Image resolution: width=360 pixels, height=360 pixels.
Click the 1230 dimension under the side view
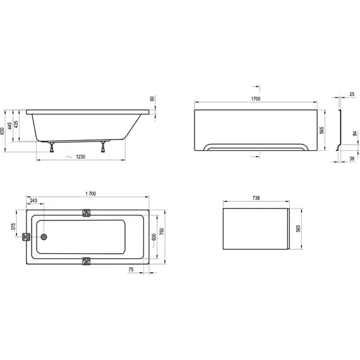point(80,157)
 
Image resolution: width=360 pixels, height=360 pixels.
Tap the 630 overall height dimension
point(2,131)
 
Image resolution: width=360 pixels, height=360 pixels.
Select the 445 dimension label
point(9,126)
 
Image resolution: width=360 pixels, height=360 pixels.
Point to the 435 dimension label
point(16,124)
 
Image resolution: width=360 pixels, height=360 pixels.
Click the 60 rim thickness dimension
point(152,99)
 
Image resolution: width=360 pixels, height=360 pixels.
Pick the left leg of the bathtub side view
point(52,147)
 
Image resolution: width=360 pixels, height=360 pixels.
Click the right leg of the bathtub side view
point(103,147)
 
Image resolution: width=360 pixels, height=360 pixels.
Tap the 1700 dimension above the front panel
point(256,99)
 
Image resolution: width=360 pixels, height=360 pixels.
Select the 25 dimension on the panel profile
point(352,94)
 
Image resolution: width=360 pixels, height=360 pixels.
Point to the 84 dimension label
point(355,133)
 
